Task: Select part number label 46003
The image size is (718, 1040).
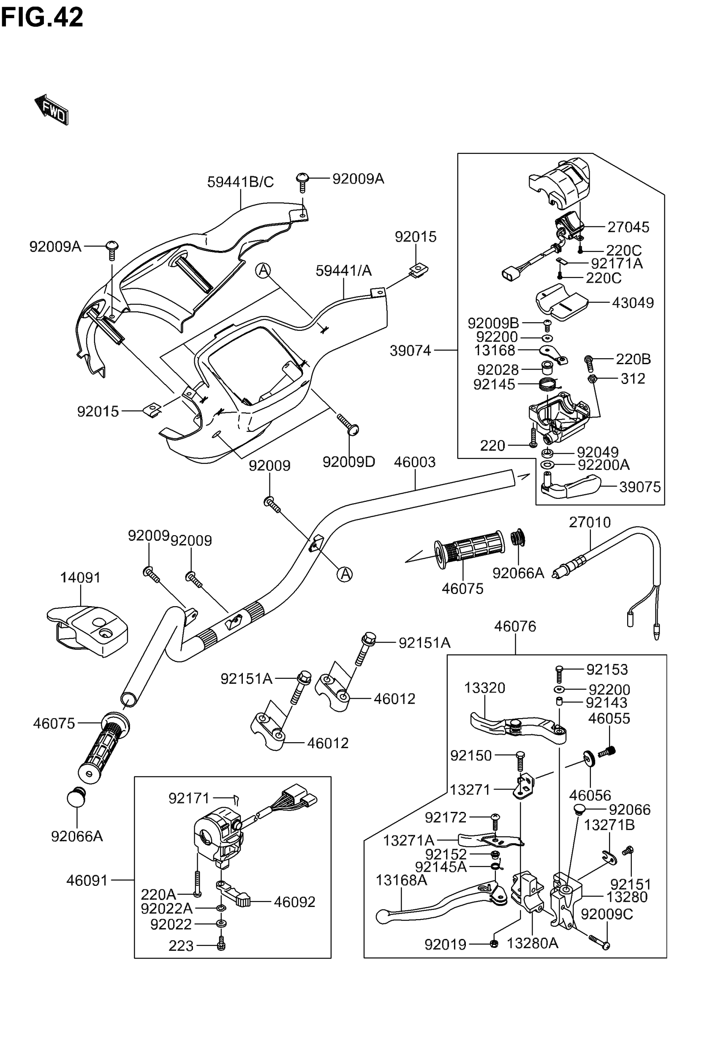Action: [x=414, y=462]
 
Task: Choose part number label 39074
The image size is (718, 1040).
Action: [x=410, y=351]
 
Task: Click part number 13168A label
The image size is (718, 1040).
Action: [x=401, y=880]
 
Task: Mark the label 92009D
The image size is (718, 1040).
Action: [x=349, y=462]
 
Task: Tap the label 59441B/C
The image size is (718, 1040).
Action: [x=240, y=182]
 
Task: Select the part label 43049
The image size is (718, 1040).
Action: [x=633, y=303]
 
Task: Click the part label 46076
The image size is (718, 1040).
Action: [x=515, y=626]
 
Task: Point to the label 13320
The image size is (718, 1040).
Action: [x=484, y=687]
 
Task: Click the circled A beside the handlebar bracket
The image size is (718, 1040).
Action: [x=345, y=574]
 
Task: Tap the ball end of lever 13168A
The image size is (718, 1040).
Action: [x=382, y=916]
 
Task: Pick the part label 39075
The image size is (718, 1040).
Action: [x=640, y=487]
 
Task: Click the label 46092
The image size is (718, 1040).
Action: [x=294, y=902]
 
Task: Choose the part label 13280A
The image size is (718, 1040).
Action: [x=532, y=943]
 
